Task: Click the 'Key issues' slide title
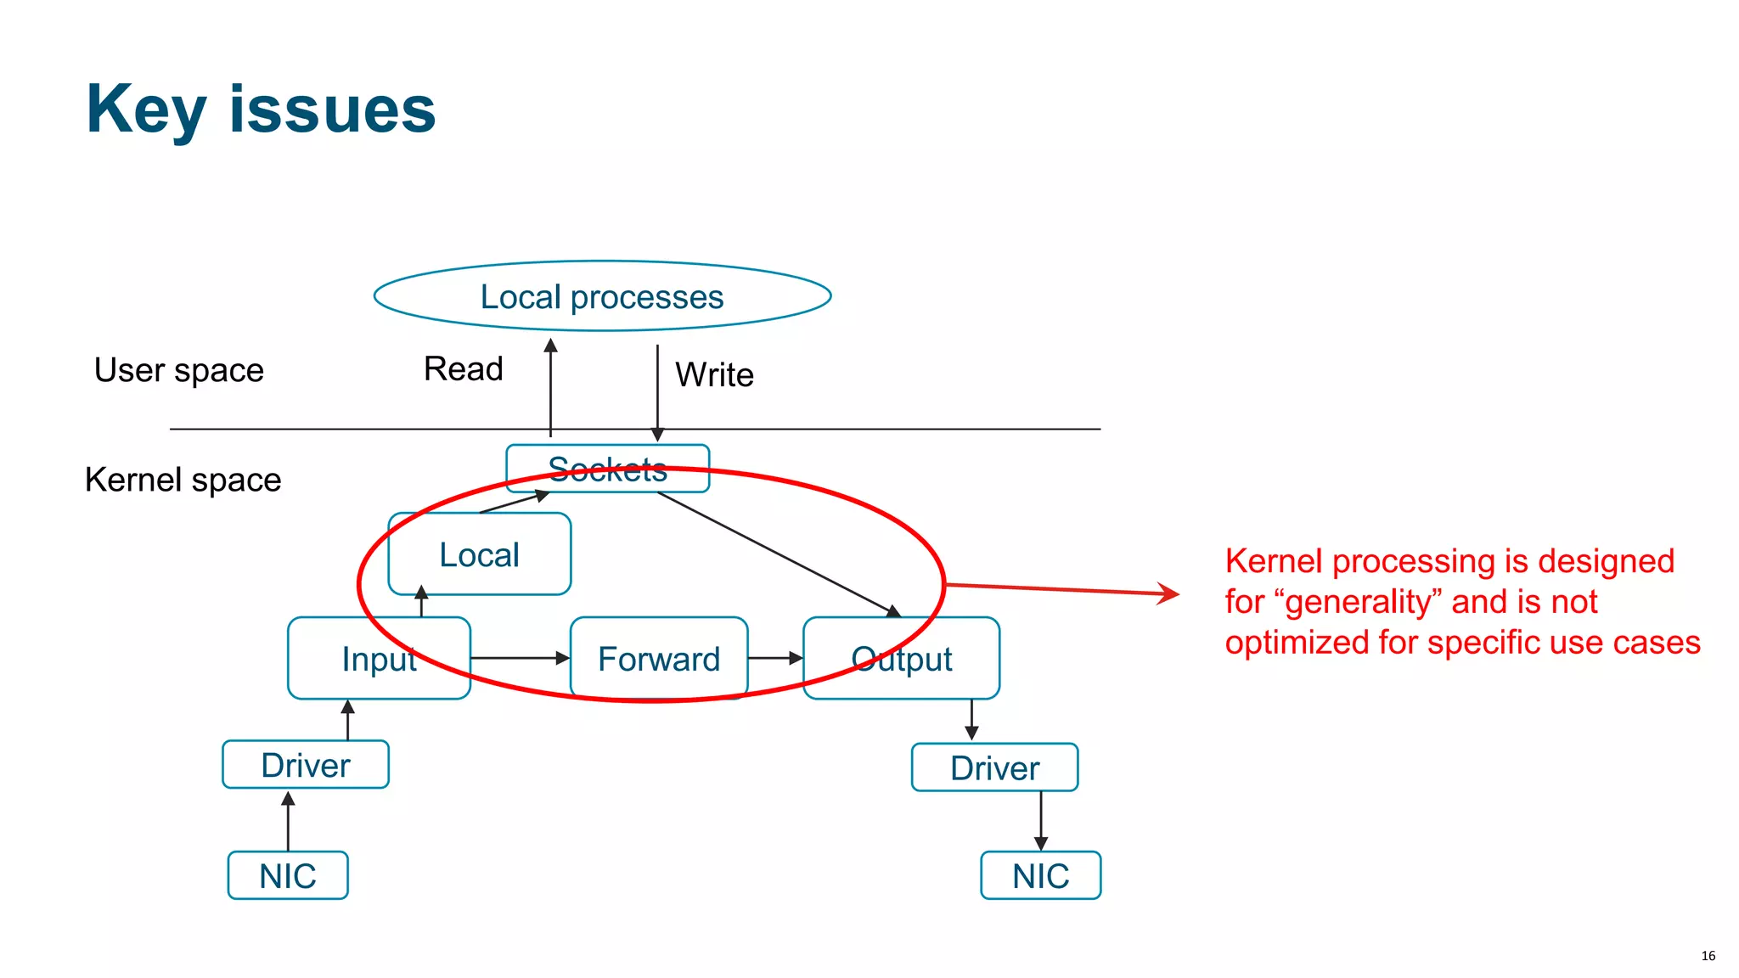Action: click(x=261, y=109)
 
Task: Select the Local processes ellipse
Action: click(x=602, y=296)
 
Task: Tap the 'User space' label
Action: click(x=179, y=370)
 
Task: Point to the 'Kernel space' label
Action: click(x=183, y=480)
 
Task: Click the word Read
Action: click(x=463, y=368)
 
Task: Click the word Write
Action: click(x=714, y=374)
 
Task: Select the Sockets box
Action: click(x=607, y=469)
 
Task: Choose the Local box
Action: click(x=479, y=554)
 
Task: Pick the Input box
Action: click(x=379, y=659)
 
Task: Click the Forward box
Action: click(x=659, y=659)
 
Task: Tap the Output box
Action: click(x=901, y=659)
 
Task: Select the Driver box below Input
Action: click(x=306, y=765)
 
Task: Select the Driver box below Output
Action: click(x=994, y=768)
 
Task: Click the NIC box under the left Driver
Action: click(x=288, y=875)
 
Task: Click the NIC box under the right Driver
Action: click(x=1040, y=875)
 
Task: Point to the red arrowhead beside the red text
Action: click(x=1170, y=593)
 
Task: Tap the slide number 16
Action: click(x=1708, y=956)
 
